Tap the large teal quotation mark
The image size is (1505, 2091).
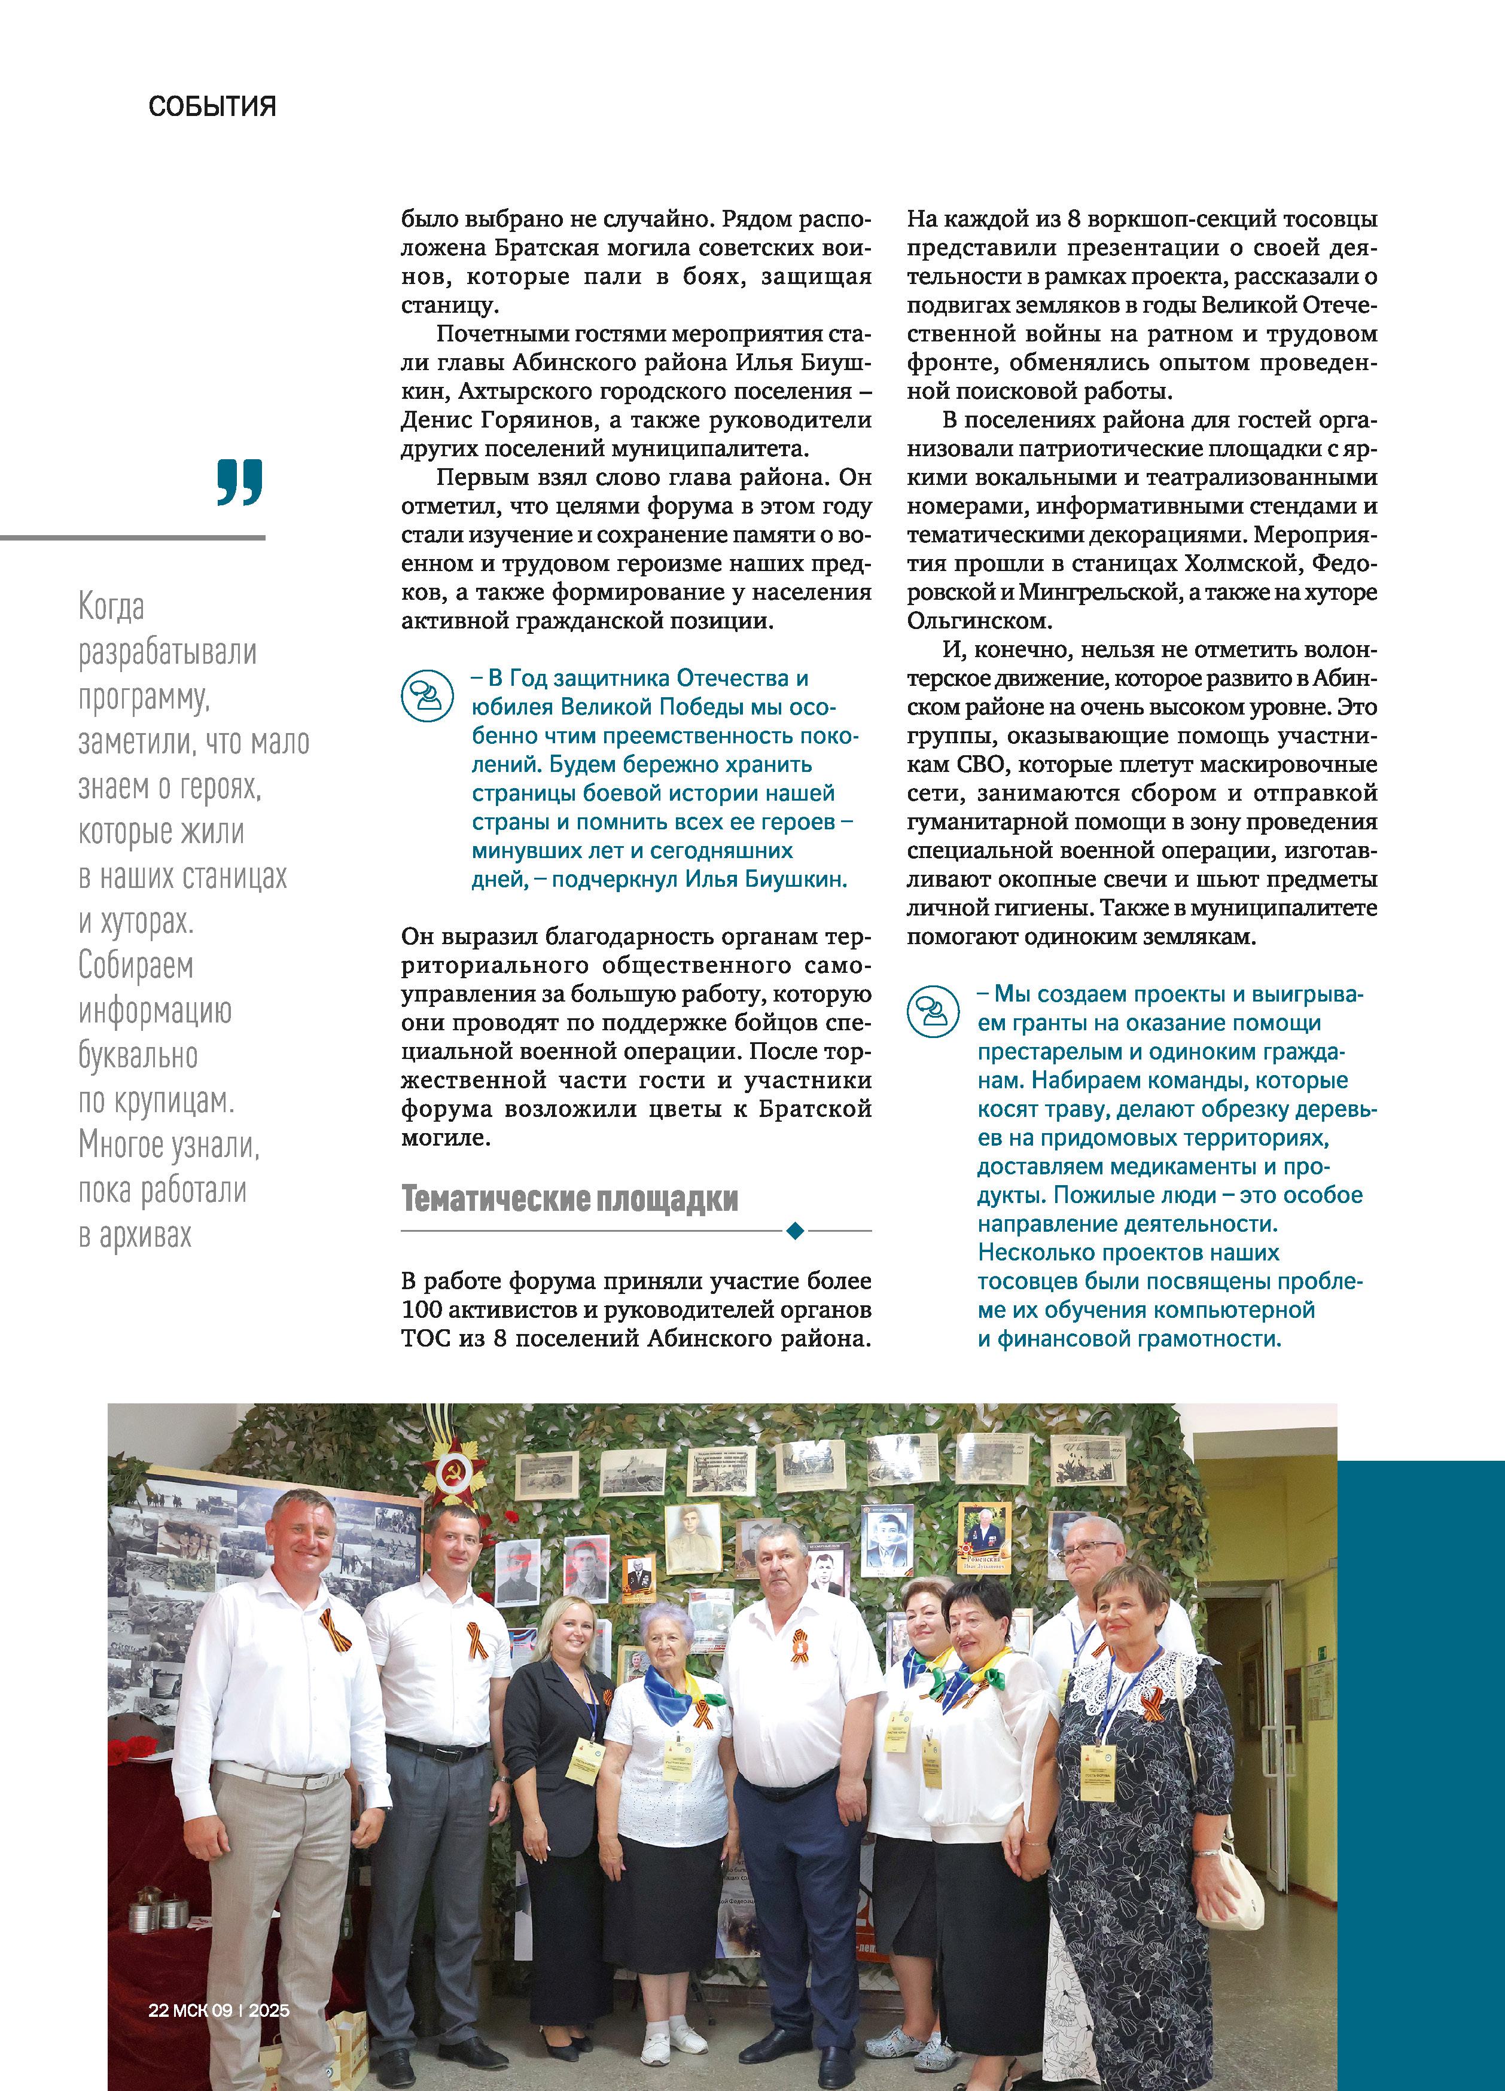tap(240, 481)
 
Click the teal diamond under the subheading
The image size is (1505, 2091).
tap(795, 1230)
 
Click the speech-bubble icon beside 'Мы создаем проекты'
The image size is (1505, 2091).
tap(933, 1011)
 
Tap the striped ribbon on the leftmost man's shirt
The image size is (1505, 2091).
tap(334, 1628)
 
